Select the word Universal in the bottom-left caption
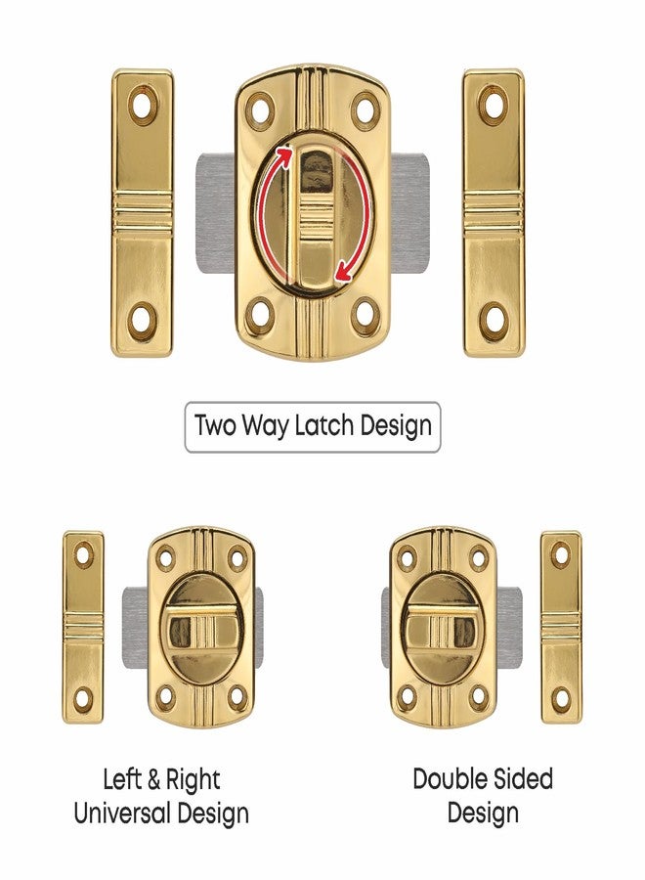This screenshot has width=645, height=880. pyautogui.click(x=119, y=813)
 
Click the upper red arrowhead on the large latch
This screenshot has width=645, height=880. pyautogui.click(x=284, y=152)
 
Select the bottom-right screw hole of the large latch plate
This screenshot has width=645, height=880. pyautogui.click(x=365, y=315)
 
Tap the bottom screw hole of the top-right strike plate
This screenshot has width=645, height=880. pyautogui.click(x=494, y=318)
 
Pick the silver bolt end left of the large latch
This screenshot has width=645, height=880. pyautogui.click(x=215, y=215)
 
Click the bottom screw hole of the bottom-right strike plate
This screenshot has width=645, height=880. pyautogui.click(x=561, y=697)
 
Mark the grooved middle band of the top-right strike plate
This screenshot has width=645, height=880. pyautogui.click(x=494, y=210)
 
